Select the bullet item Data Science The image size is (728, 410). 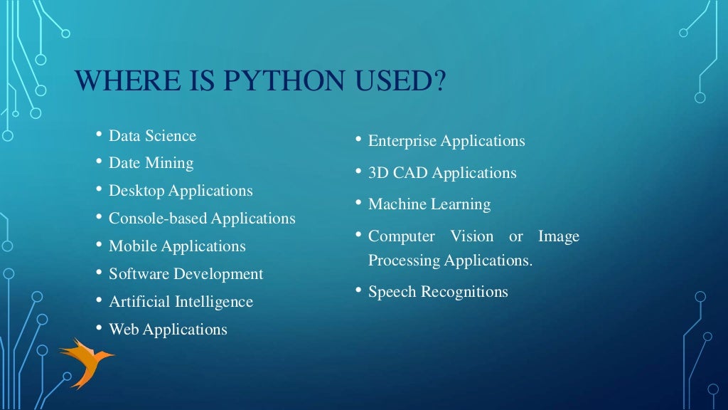tap(152, 135)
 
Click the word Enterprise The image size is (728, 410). tap(402, 141)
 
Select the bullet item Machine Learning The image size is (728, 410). tap(429, 204)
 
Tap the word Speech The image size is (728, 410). tap(392, 292)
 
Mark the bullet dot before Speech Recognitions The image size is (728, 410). tap(358, 290)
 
